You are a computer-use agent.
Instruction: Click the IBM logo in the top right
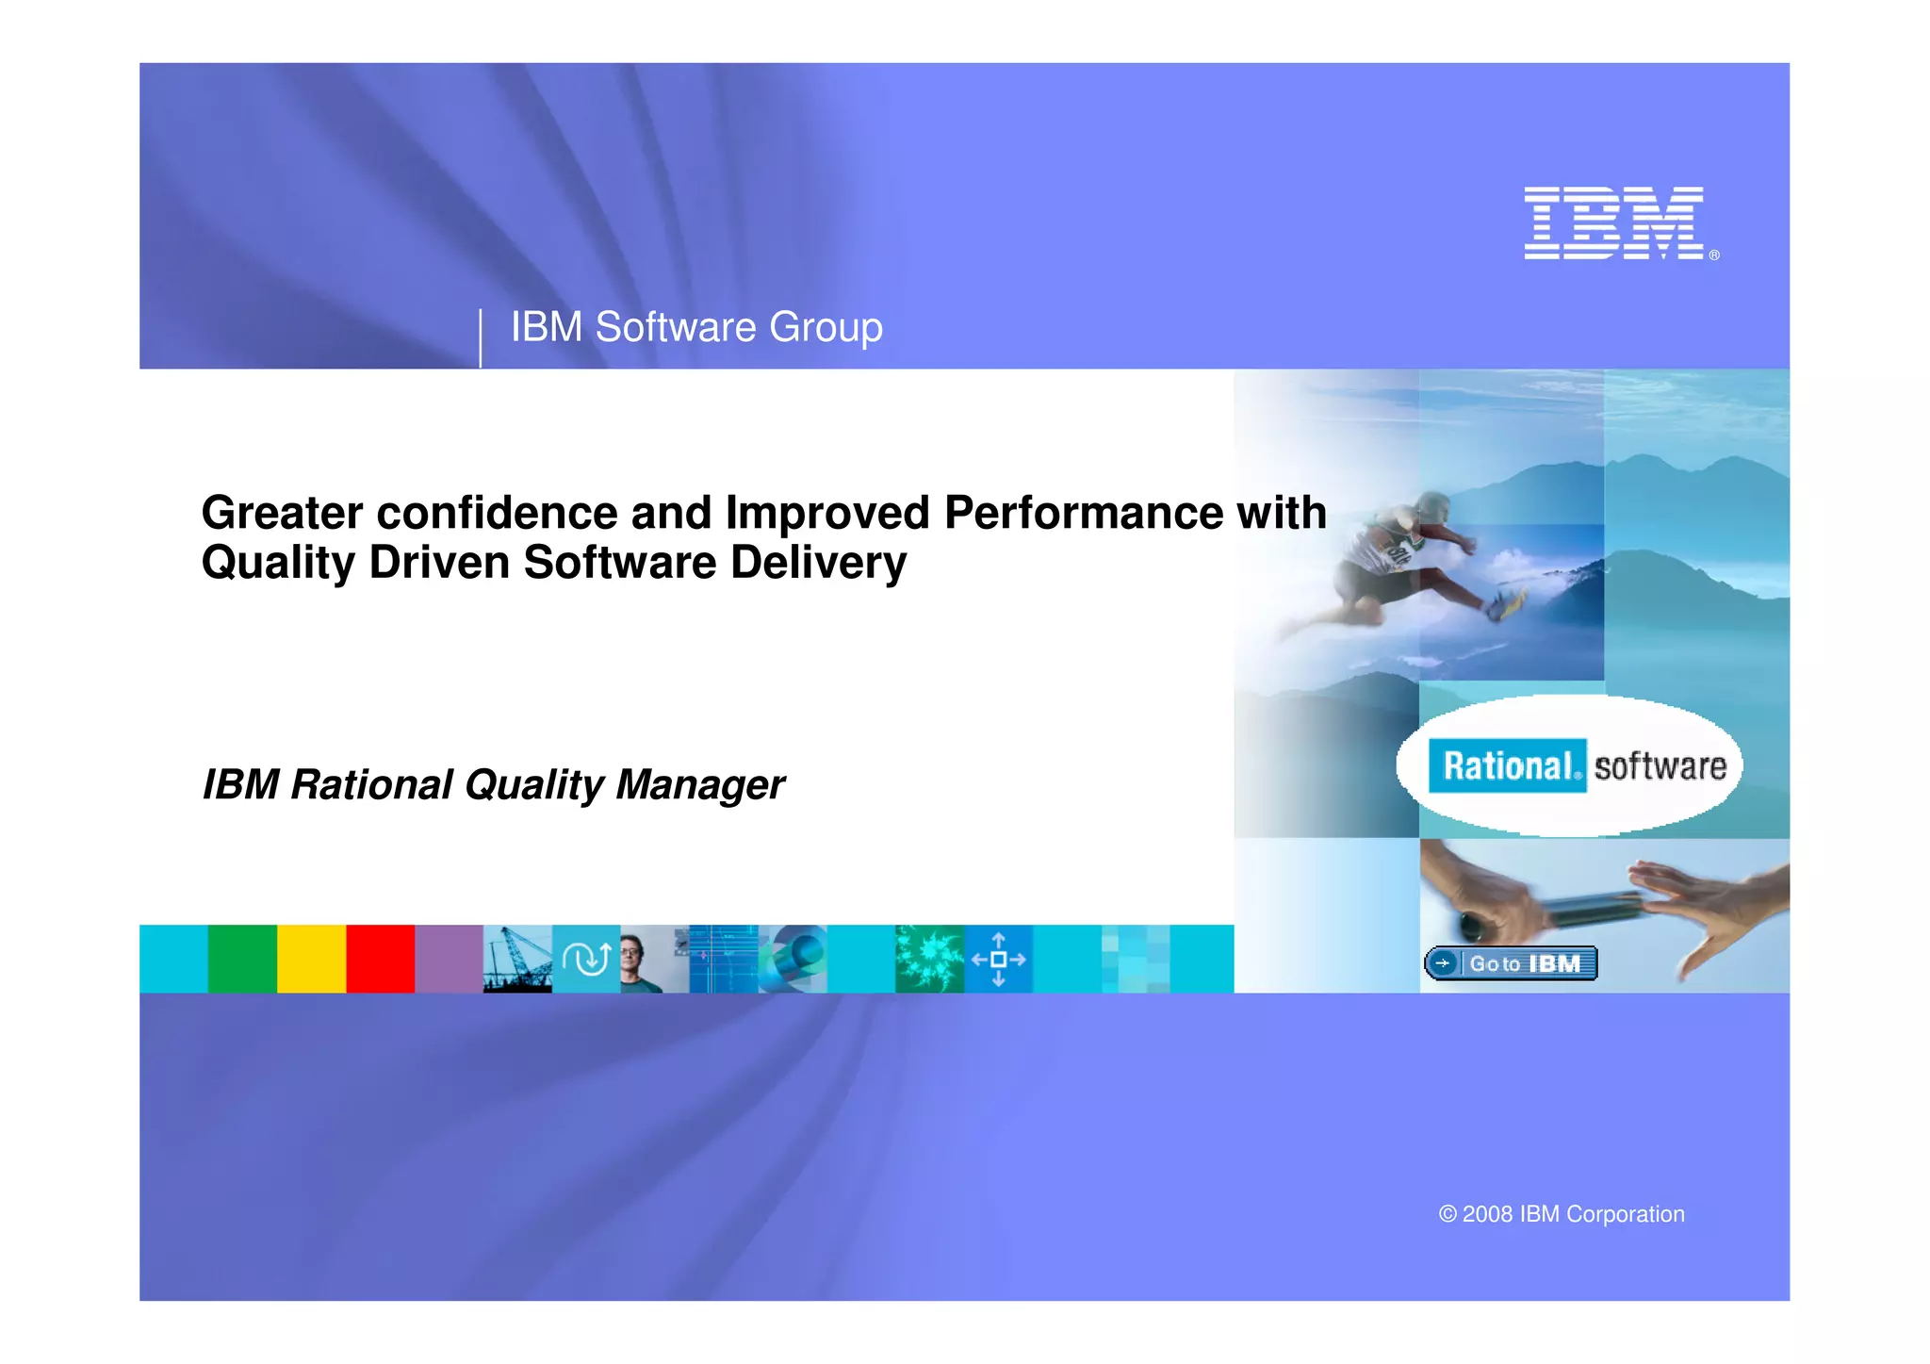1613,222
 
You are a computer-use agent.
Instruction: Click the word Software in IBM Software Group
676,328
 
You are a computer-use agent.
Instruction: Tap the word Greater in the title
282,514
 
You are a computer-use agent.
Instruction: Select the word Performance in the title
1084,514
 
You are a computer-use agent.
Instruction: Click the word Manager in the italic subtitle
699,784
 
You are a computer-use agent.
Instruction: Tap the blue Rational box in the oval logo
1506,765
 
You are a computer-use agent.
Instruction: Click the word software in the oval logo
1660,765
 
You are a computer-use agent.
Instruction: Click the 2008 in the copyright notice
1487,1214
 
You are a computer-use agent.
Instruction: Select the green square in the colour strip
242,959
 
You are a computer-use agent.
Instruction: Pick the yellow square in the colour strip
311,959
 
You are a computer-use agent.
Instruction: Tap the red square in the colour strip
380,959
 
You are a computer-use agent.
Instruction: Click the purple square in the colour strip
449,959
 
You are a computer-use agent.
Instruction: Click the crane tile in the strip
516,959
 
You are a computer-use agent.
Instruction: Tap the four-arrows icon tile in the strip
998,959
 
